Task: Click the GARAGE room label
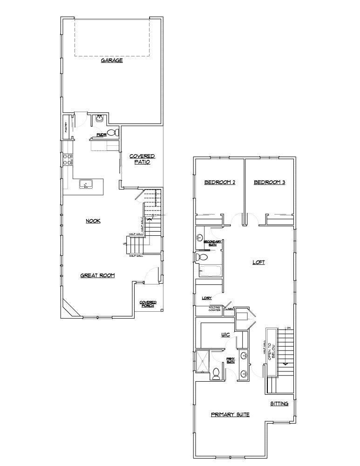point(112,61)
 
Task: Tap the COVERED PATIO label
point(142,159)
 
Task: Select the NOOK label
point(93,221)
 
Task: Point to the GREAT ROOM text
point(97,275)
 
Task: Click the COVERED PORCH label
point(148,304)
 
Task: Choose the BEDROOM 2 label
point(220,182)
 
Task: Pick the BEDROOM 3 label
point(269,182)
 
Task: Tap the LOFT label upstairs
point(258,262)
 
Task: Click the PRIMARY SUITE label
point(230,414)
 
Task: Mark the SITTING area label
point(279,404)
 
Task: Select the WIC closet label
point(226,335)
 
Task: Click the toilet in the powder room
point(111,133)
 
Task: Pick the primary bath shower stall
point(203,362)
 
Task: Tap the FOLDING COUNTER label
point(214,308)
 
